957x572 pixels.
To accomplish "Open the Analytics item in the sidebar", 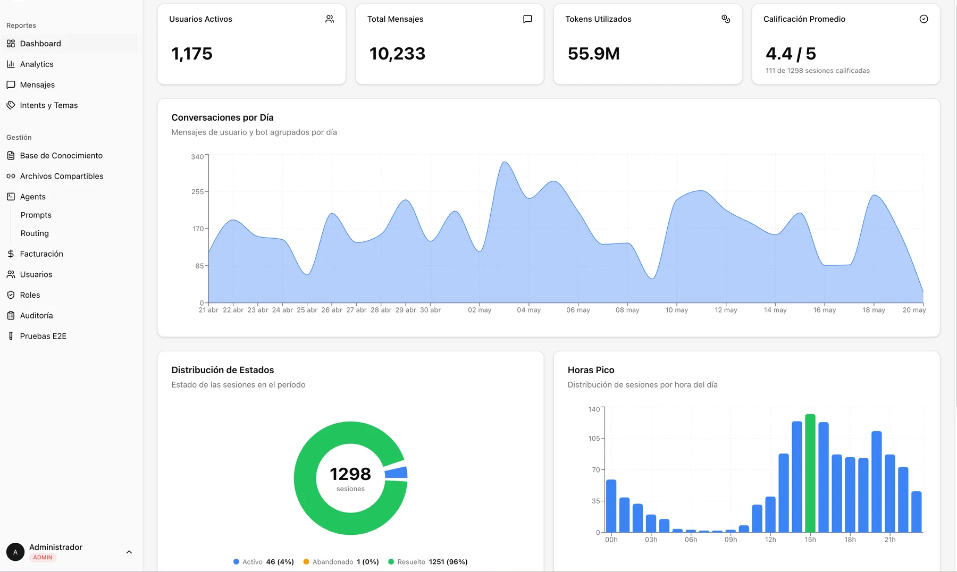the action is (x=37, y=64).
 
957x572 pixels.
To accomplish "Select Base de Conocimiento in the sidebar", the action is (x=61, y=156).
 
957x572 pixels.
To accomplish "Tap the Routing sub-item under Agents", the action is (x=35, y=233).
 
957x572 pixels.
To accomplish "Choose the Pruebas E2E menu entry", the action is (x=43, y=336).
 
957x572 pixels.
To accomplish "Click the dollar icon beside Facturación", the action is (x=11, y=254).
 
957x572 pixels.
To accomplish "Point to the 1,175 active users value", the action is (x=192, y=54).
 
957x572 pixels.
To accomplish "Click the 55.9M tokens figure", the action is (x=594, y=54).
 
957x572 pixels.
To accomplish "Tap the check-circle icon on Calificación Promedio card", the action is (x=924, y=19).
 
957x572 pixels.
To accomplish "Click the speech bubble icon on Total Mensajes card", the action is (x=527, y=19).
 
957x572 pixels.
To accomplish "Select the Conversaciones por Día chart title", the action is (x=222, y=117).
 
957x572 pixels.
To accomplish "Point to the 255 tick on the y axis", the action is (x=198, y=191).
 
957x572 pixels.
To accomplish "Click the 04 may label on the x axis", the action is (x=528, y=310).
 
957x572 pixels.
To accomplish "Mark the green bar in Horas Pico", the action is (x=810, y=473).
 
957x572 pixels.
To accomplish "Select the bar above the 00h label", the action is (x=611, y=506).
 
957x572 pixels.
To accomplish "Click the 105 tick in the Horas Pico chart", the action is (x=594, y=439).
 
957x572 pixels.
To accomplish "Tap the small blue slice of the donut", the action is (x=396, y=473).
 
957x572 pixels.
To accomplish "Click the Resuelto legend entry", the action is (x=428, y=562).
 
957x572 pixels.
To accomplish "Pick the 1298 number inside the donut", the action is (x=350, y=474).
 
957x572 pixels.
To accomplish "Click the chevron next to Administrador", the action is (x=129, y=552).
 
